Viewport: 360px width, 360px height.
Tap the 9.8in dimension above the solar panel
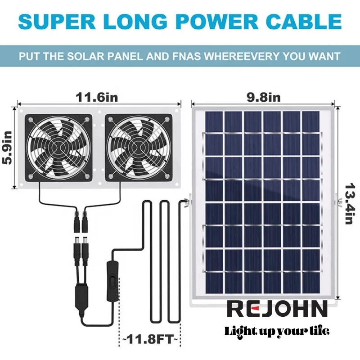(263, 97)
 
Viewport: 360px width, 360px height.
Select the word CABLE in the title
(306, 22)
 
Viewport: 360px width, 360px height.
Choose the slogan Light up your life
(277, 331)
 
